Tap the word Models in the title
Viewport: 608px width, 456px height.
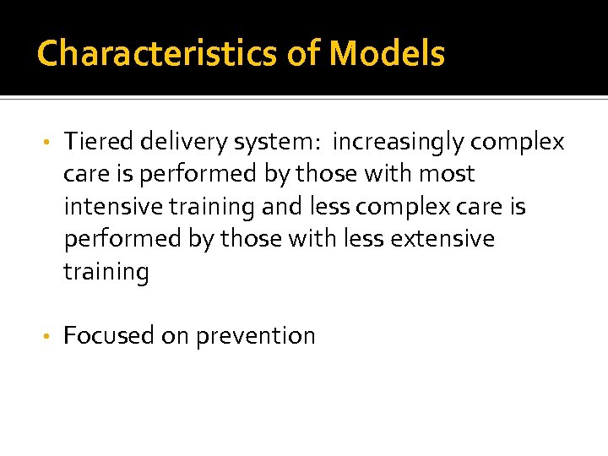386,54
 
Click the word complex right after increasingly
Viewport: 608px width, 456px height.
518,142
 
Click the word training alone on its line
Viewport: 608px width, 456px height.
106,272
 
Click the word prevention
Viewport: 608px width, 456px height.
255,336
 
